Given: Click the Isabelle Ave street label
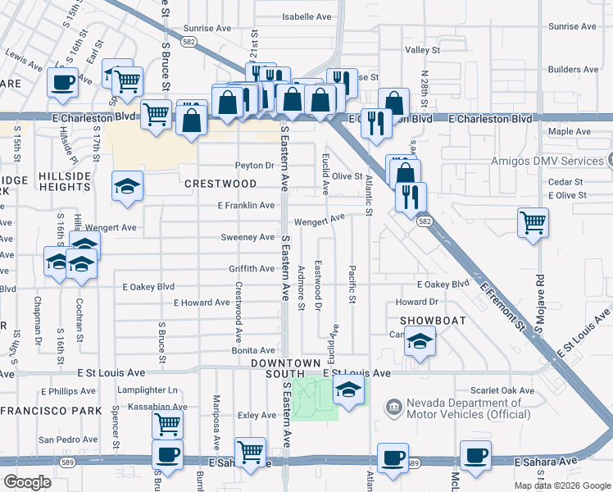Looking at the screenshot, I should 306,16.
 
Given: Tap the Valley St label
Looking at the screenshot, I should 423,50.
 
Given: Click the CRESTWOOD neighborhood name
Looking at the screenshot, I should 220,184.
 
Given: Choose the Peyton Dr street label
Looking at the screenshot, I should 254,166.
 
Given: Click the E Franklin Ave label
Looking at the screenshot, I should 245,205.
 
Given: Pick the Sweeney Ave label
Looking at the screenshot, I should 247,237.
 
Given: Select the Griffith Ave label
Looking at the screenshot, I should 252,269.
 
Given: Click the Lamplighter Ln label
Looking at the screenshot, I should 148,390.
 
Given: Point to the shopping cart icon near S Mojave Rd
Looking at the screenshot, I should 533,221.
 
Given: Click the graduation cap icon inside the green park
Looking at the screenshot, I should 348,391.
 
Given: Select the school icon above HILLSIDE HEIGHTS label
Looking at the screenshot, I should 128,185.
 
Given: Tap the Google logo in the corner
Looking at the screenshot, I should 27,482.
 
